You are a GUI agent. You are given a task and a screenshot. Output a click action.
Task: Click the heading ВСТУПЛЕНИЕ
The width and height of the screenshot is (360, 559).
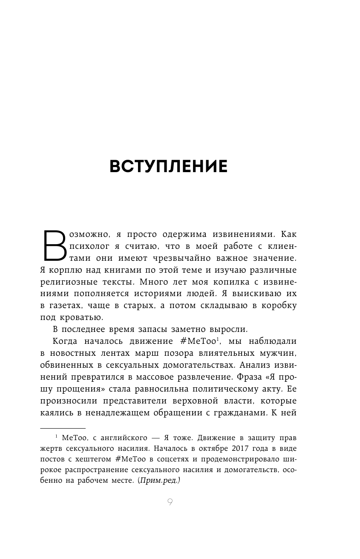tap(168, 166)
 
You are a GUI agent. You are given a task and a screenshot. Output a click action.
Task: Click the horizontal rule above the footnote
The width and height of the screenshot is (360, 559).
tap(63, 428)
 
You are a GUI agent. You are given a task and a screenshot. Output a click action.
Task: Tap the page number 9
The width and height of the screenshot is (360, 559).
tap(170, 502)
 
